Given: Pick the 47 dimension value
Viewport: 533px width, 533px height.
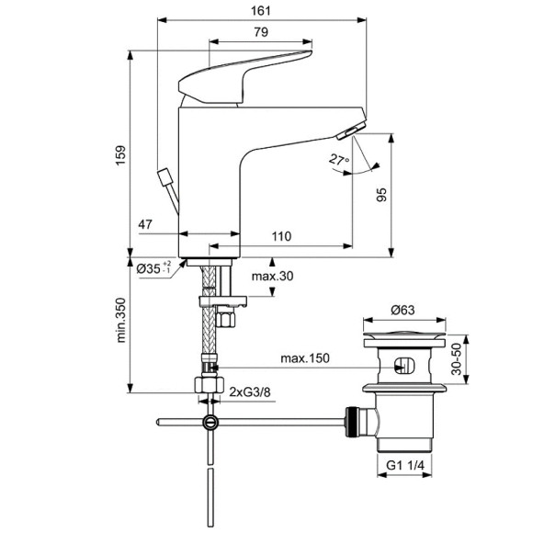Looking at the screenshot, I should point(146,224).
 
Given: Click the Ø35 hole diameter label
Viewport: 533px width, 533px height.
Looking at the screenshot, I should point(153,269).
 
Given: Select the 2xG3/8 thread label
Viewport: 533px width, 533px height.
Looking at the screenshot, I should point(250,392).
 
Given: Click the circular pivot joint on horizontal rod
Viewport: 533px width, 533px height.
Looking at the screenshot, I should point(212,422).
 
